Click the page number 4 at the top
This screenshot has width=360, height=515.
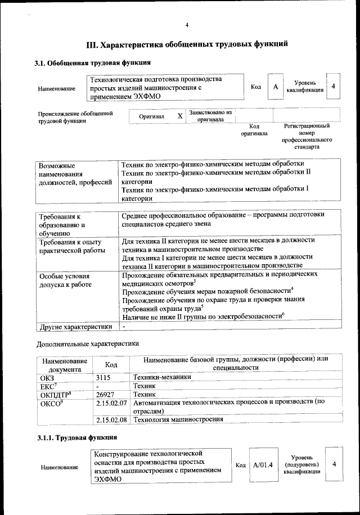coord(187,24)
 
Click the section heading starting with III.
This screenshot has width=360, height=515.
coord(187,43)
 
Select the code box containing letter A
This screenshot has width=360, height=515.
coord(276,87)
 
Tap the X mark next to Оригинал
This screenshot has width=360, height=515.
coord(180,116)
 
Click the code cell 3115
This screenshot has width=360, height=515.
coord(105,378)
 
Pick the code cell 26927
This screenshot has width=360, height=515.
coord(105,395)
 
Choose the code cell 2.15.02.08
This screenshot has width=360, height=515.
coord(112,419)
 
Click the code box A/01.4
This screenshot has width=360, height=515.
coord(263,465)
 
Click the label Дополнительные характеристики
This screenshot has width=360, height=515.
coord(88,343)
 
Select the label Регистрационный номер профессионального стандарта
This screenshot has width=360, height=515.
coord(307,137)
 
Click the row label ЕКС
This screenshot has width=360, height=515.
coord(47,387)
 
